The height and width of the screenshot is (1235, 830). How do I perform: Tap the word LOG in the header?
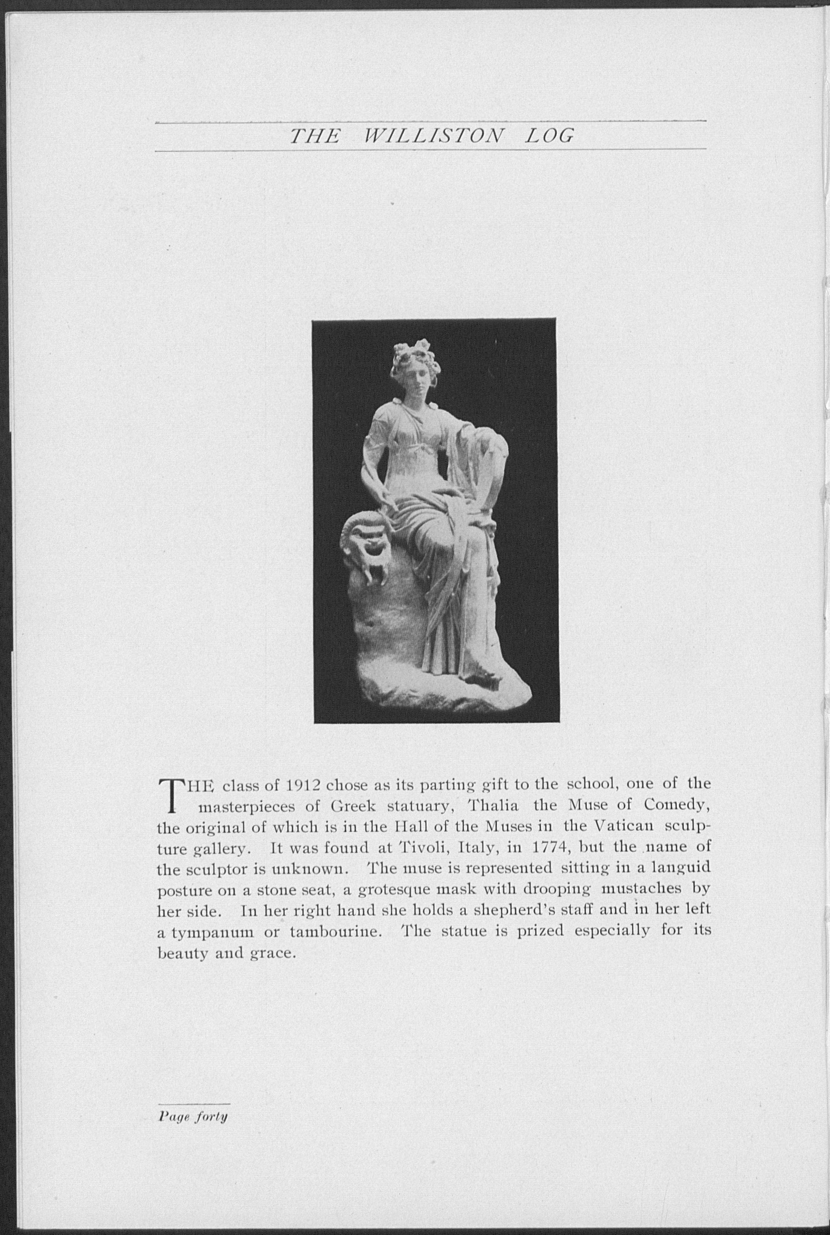(549, 136)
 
